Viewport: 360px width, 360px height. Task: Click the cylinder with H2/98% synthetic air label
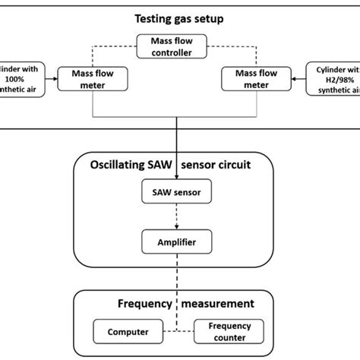334,79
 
